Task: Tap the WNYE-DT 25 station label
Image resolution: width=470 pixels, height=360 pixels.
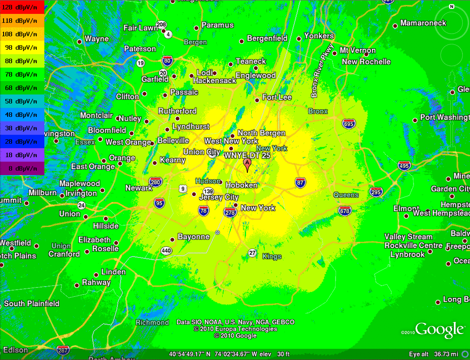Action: click(x=247, y=155)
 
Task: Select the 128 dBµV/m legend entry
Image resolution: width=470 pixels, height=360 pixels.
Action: click(x=22, y=7)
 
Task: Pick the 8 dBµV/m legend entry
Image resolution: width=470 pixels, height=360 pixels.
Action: click(x=22, y=168)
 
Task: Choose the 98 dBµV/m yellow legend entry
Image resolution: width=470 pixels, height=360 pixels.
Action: click(x=22, y=47)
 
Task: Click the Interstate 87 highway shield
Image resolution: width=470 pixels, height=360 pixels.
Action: click(x=300, y=182)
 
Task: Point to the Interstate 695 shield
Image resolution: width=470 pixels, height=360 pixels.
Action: click(x=348, y=124)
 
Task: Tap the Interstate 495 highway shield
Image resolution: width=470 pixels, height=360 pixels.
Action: click(x=404, y=166)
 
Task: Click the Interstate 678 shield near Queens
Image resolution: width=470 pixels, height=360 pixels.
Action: click(x=345, y=211)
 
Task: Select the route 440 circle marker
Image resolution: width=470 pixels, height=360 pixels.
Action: click(x=166, y=251)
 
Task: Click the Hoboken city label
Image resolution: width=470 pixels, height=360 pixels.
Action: click(x=241, y=185)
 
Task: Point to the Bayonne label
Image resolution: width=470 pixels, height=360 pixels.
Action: click(x=194, y=237)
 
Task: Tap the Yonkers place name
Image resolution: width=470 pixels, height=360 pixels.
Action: click(x=319, y=36)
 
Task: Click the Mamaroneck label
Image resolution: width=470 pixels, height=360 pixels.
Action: click(x=423, y=23)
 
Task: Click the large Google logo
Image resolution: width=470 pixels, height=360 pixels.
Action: click(x=439, y=330)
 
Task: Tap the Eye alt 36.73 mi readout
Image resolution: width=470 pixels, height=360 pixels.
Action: click(x=437, y=354)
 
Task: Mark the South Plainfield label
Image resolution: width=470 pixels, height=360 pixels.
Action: click(x=31, y=304)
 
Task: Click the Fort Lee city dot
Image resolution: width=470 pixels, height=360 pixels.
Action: click(x=257, y=100)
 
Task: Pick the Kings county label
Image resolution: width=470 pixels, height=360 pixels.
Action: click(x=272, y=257)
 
